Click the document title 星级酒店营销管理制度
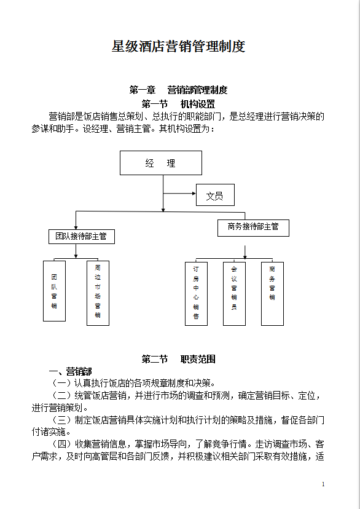click(179, 47)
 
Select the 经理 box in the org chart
click(161, 163)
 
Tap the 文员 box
click(215, 196)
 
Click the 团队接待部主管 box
click(81, 236)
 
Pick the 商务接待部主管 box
click(253, 227)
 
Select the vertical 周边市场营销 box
click(98, 292)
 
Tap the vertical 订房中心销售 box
click(196, 293)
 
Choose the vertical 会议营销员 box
click(234, 293)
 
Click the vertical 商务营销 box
click(272, 293)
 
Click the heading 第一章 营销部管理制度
click(179, 90)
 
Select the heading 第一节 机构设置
click(179, 103)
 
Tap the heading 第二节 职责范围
click(179, 359)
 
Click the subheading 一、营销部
click(70, 371)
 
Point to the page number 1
click(323, 485)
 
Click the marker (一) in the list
click(63, 383)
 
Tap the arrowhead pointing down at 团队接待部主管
click(76, 227)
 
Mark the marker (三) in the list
click(63, 420)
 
